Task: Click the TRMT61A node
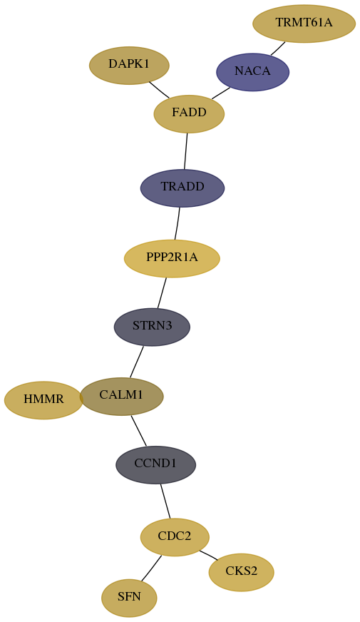[304, 24]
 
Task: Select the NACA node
[252, 72]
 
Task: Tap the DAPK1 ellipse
[129, 66]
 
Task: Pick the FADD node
[189, 114]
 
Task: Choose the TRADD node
[182, 188]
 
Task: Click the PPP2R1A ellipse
[172, 259]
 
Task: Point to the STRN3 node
[153, 327]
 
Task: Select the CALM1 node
[121, 397]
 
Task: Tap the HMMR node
[43, 400]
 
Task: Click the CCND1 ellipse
[156, 464]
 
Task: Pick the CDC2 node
[175, 537]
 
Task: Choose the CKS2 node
[242, 572]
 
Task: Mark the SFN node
[129, 598]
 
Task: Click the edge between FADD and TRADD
[185, 151]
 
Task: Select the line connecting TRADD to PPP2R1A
[178, 223]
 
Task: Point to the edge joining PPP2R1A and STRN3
[162, 292]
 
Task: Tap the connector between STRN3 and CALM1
[136, 362]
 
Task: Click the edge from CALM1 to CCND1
[139, 430]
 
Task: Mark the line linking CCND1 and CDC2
[165, 501]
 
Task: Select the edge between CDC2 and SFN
[151, 569]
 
